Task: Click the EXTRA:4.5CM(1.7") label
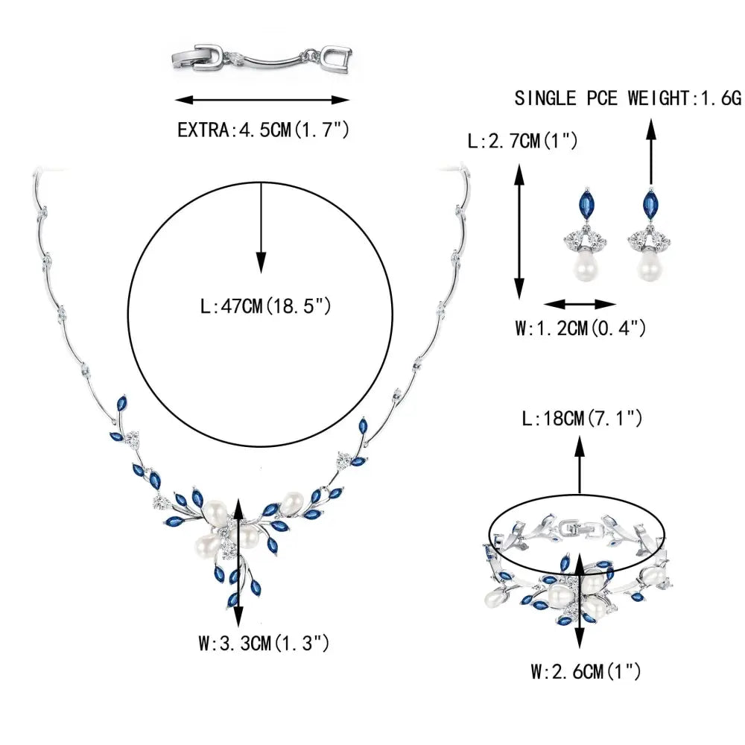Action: tap(263, 130)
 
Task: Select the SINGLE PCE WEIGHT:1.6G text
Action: tap(628, 98)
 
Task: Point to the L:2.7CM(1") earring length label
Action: tap(521, 139)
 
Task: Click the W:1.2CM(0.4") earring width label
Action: tap(580, 327)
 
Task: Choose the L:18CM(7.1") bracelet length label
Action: tap(583, 420)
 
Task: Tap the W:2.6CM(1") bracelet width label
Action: tap(586, 672)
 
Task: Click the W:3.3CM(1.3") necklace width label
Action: tap(264, 643)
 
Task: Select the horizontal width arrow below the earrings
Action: tap(580, 304)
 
